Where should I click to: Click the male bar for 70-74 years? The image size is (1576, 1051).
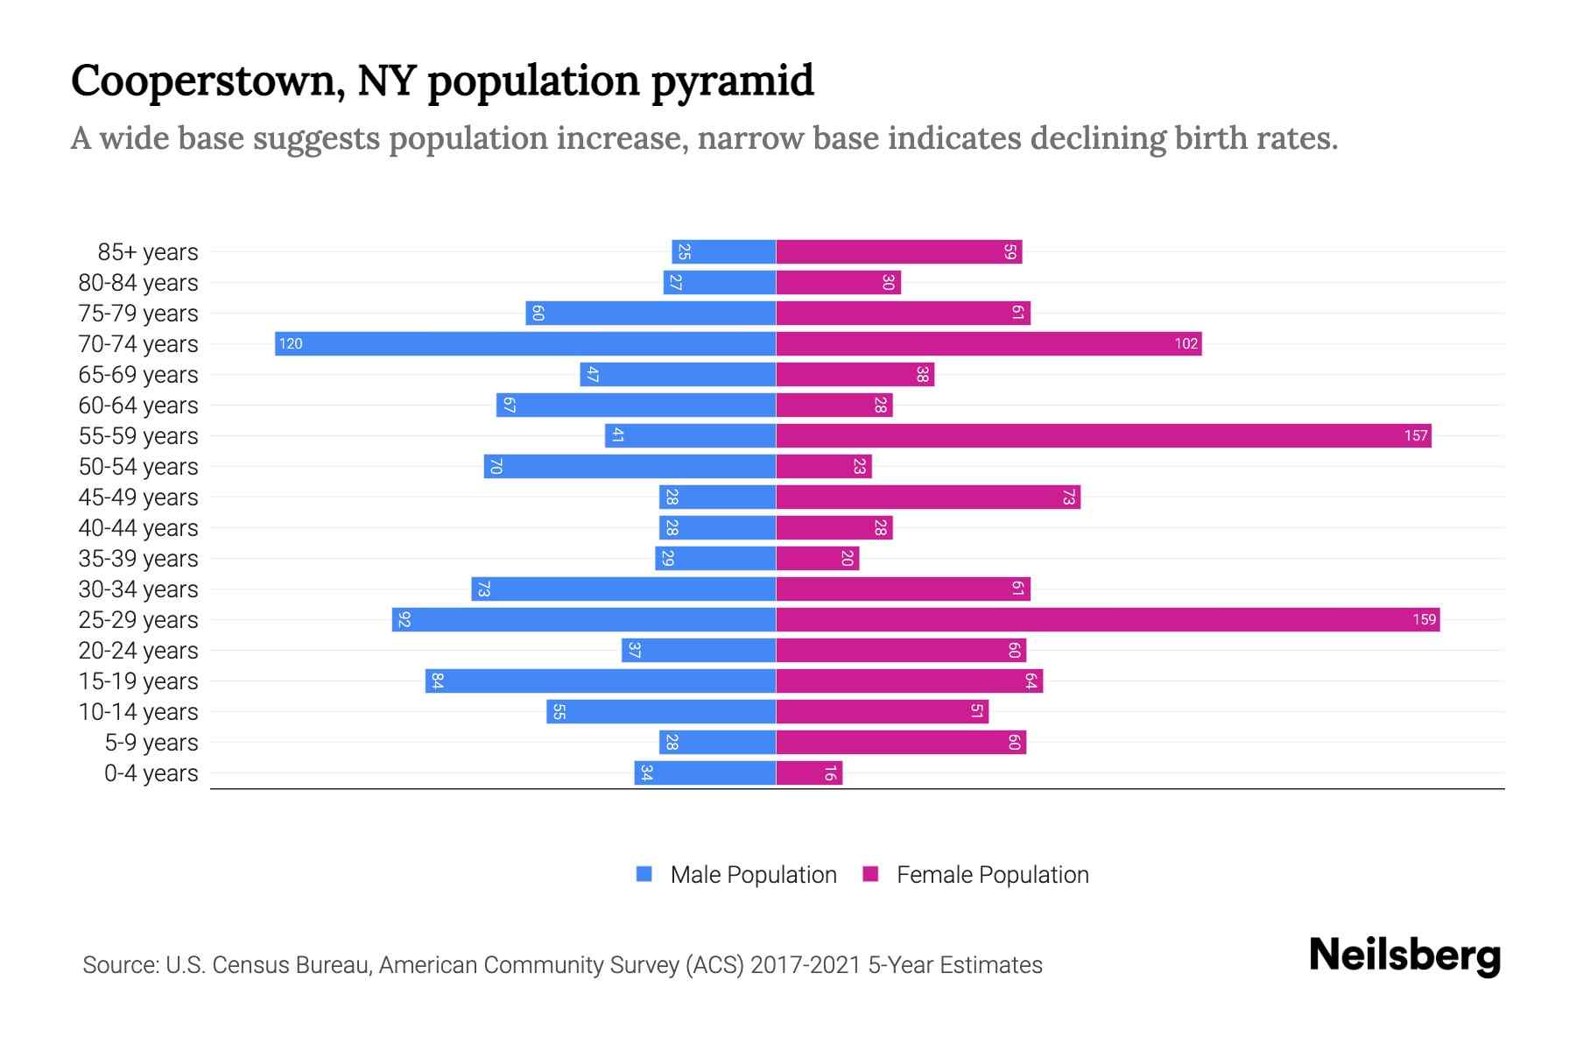(x=525, y=343)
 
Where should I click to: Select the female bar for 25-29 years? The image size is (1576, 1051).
(x=1108, y=619)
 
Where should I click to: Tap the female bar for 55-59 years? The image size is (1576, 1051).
(x=1103, y=435)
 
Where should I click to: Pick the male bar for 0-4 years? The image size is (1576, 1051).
(x=705, y=772)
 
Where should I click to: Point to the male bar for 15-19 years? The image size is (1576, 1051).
(x=601, y=681)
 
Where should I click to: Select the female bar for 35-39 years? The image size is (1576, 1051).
(x=818, y=558)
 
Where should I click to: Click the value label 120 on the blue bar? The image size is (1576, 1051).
(x=291, y=343)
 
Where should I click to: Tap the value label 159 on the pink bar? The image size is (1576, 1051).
(x=1424, y=619)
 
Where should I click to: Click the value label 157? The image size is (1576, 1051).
(x=1416, y=435)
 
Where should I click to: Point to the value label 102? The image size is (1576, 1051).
(x=1186, y=343)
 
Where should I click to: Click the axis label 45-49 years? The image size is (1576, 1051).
(x=138, y=497)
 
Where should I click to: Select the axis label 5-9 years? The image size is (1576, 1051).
(x=151, y=742)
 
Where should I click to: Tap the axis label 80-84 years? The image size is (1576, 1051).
(x=138, y=282)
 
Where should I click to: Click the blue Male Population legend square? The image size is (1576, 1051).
(x=644, y=874)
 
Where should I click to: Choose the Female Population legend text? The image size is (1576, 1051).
(x=992, y=874)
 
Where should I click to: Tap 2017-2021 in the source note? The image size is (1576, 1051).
(x=806, y=964)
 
